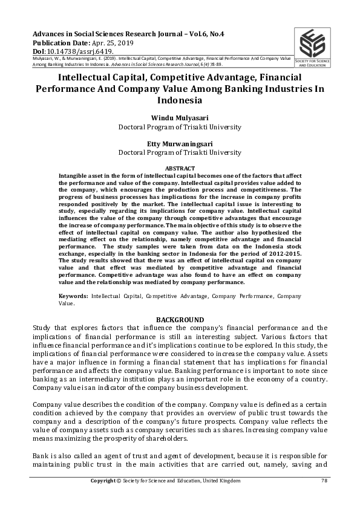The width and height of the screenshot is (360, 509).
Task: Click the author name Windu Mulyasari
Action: (x=179, y=118)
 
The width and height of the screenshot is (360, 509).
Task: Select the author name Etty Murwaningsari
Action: (x=179, y=144)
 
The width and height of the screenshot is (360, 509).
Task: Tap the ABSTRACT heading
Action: (x=180, y=167)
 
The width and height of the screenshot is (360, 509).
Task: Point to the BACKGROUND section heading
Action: (x=180, y=319)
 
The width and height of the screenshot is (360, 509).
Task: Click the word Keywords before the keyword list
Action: (x=73, y=296)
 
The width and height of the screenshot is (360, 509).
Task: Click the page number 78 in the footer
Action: (x=324, y=481)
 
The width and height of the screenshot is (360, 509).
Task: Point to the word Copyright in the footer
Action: (x=103, y=481)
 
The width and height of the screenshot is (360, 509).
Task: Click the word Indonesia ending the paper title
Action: (x=179, y=100)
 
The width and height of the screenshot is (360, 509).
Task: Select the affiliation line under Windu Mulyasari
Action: (x=179, y=127)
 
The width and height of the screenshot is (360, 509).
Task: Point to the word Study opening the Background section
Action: (x=42, y=328)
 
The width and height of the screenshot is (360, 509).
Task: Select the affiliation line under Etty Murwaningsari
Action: (x=179, y=153)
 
